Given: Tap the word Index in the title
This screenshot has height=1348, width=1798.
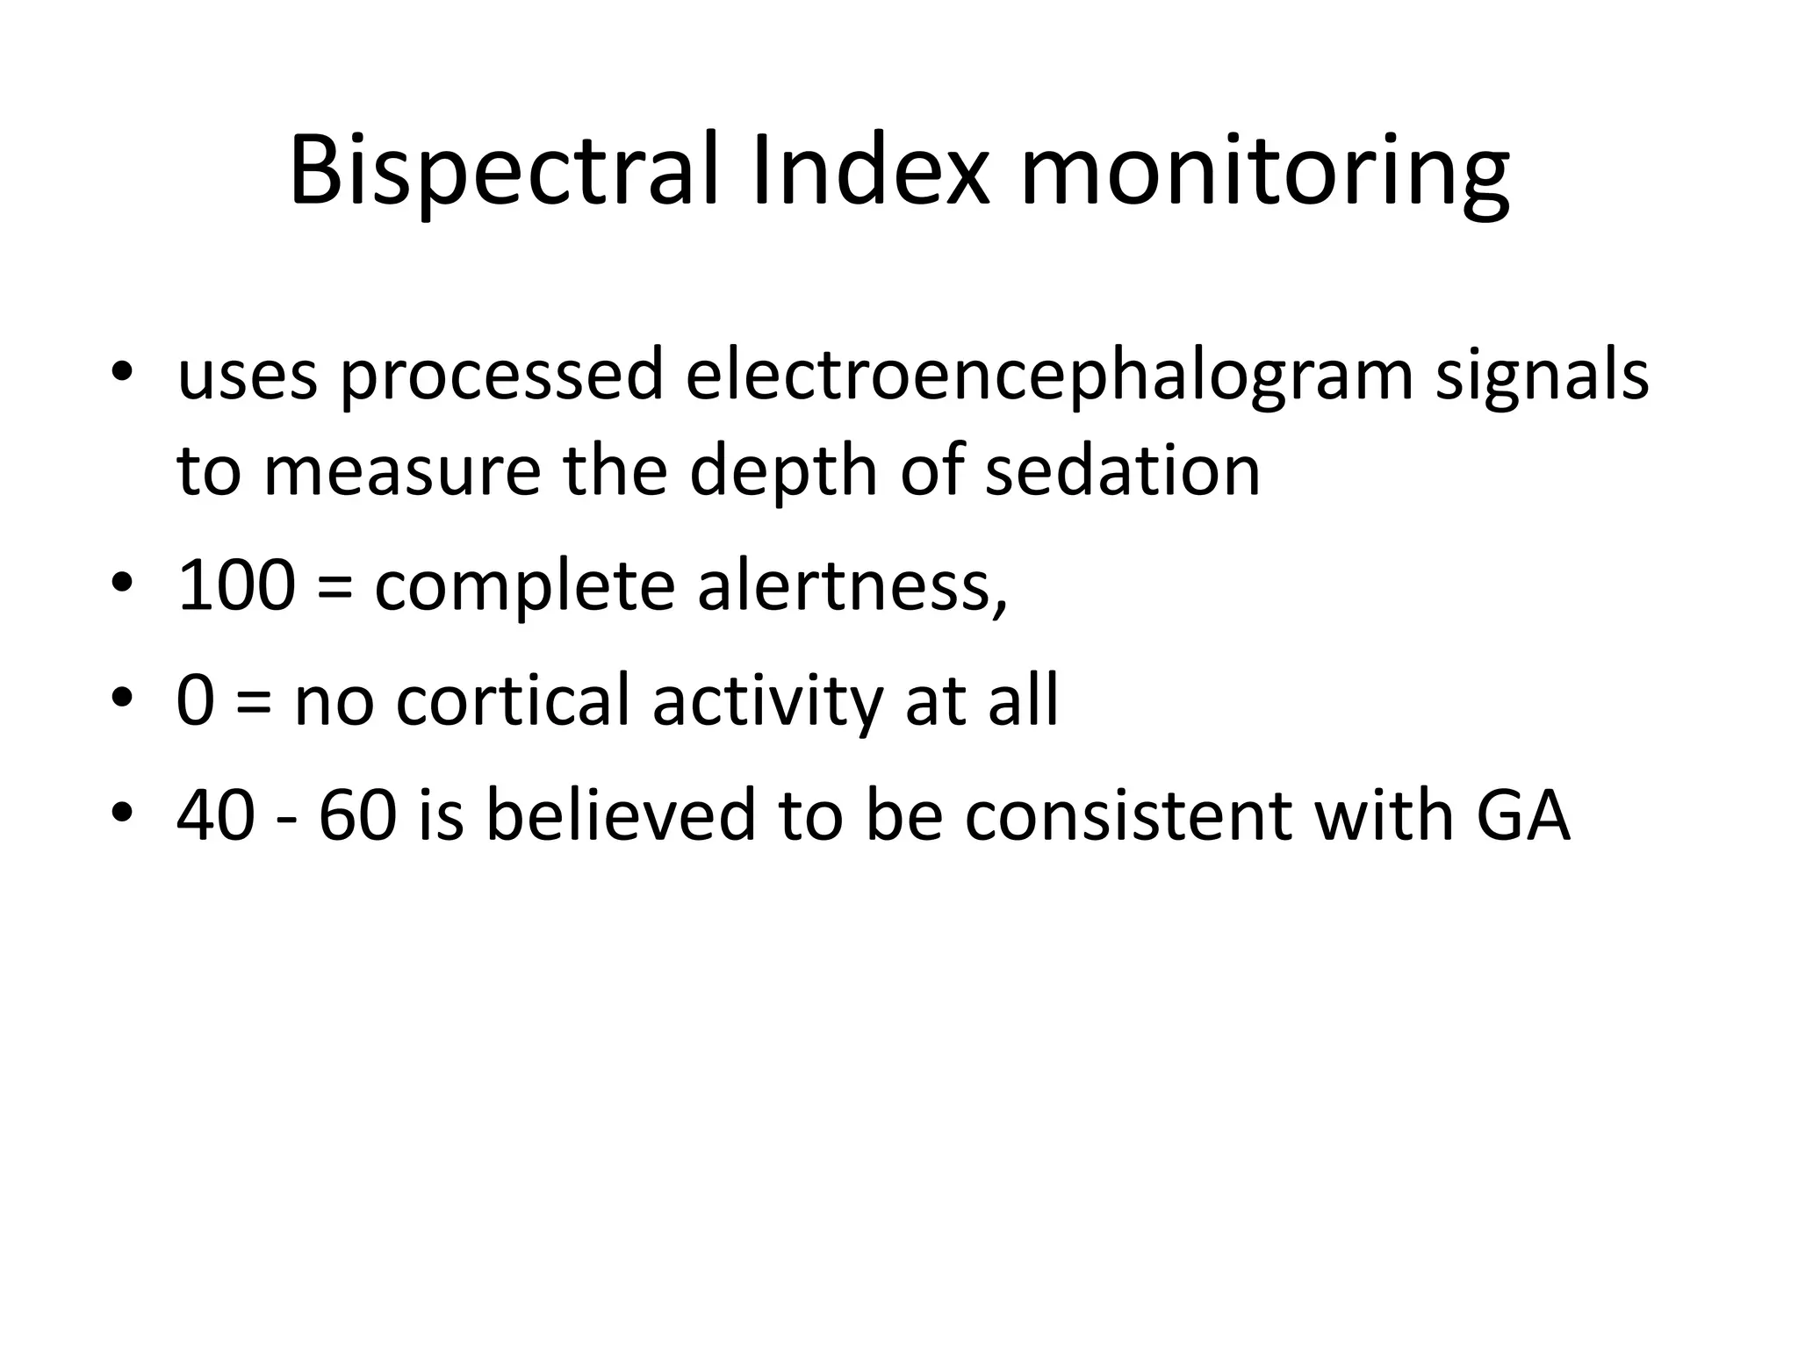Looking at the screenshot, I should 871,171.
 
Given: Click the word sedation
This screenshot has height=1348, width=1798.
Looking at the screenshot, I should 1123,471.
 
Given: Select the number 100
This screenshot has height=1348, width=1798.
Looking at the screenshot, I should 235,585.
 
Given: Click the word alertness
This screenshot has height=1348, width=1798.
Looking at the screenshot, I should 852,585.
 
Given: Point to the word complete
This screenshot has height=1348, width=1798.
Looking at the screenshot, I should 524,585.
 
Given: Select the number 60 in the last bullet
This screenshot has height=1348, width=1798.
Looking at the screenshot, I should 357,814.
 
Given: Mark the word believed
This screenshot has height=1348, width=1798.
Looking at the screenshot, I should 620,814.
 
